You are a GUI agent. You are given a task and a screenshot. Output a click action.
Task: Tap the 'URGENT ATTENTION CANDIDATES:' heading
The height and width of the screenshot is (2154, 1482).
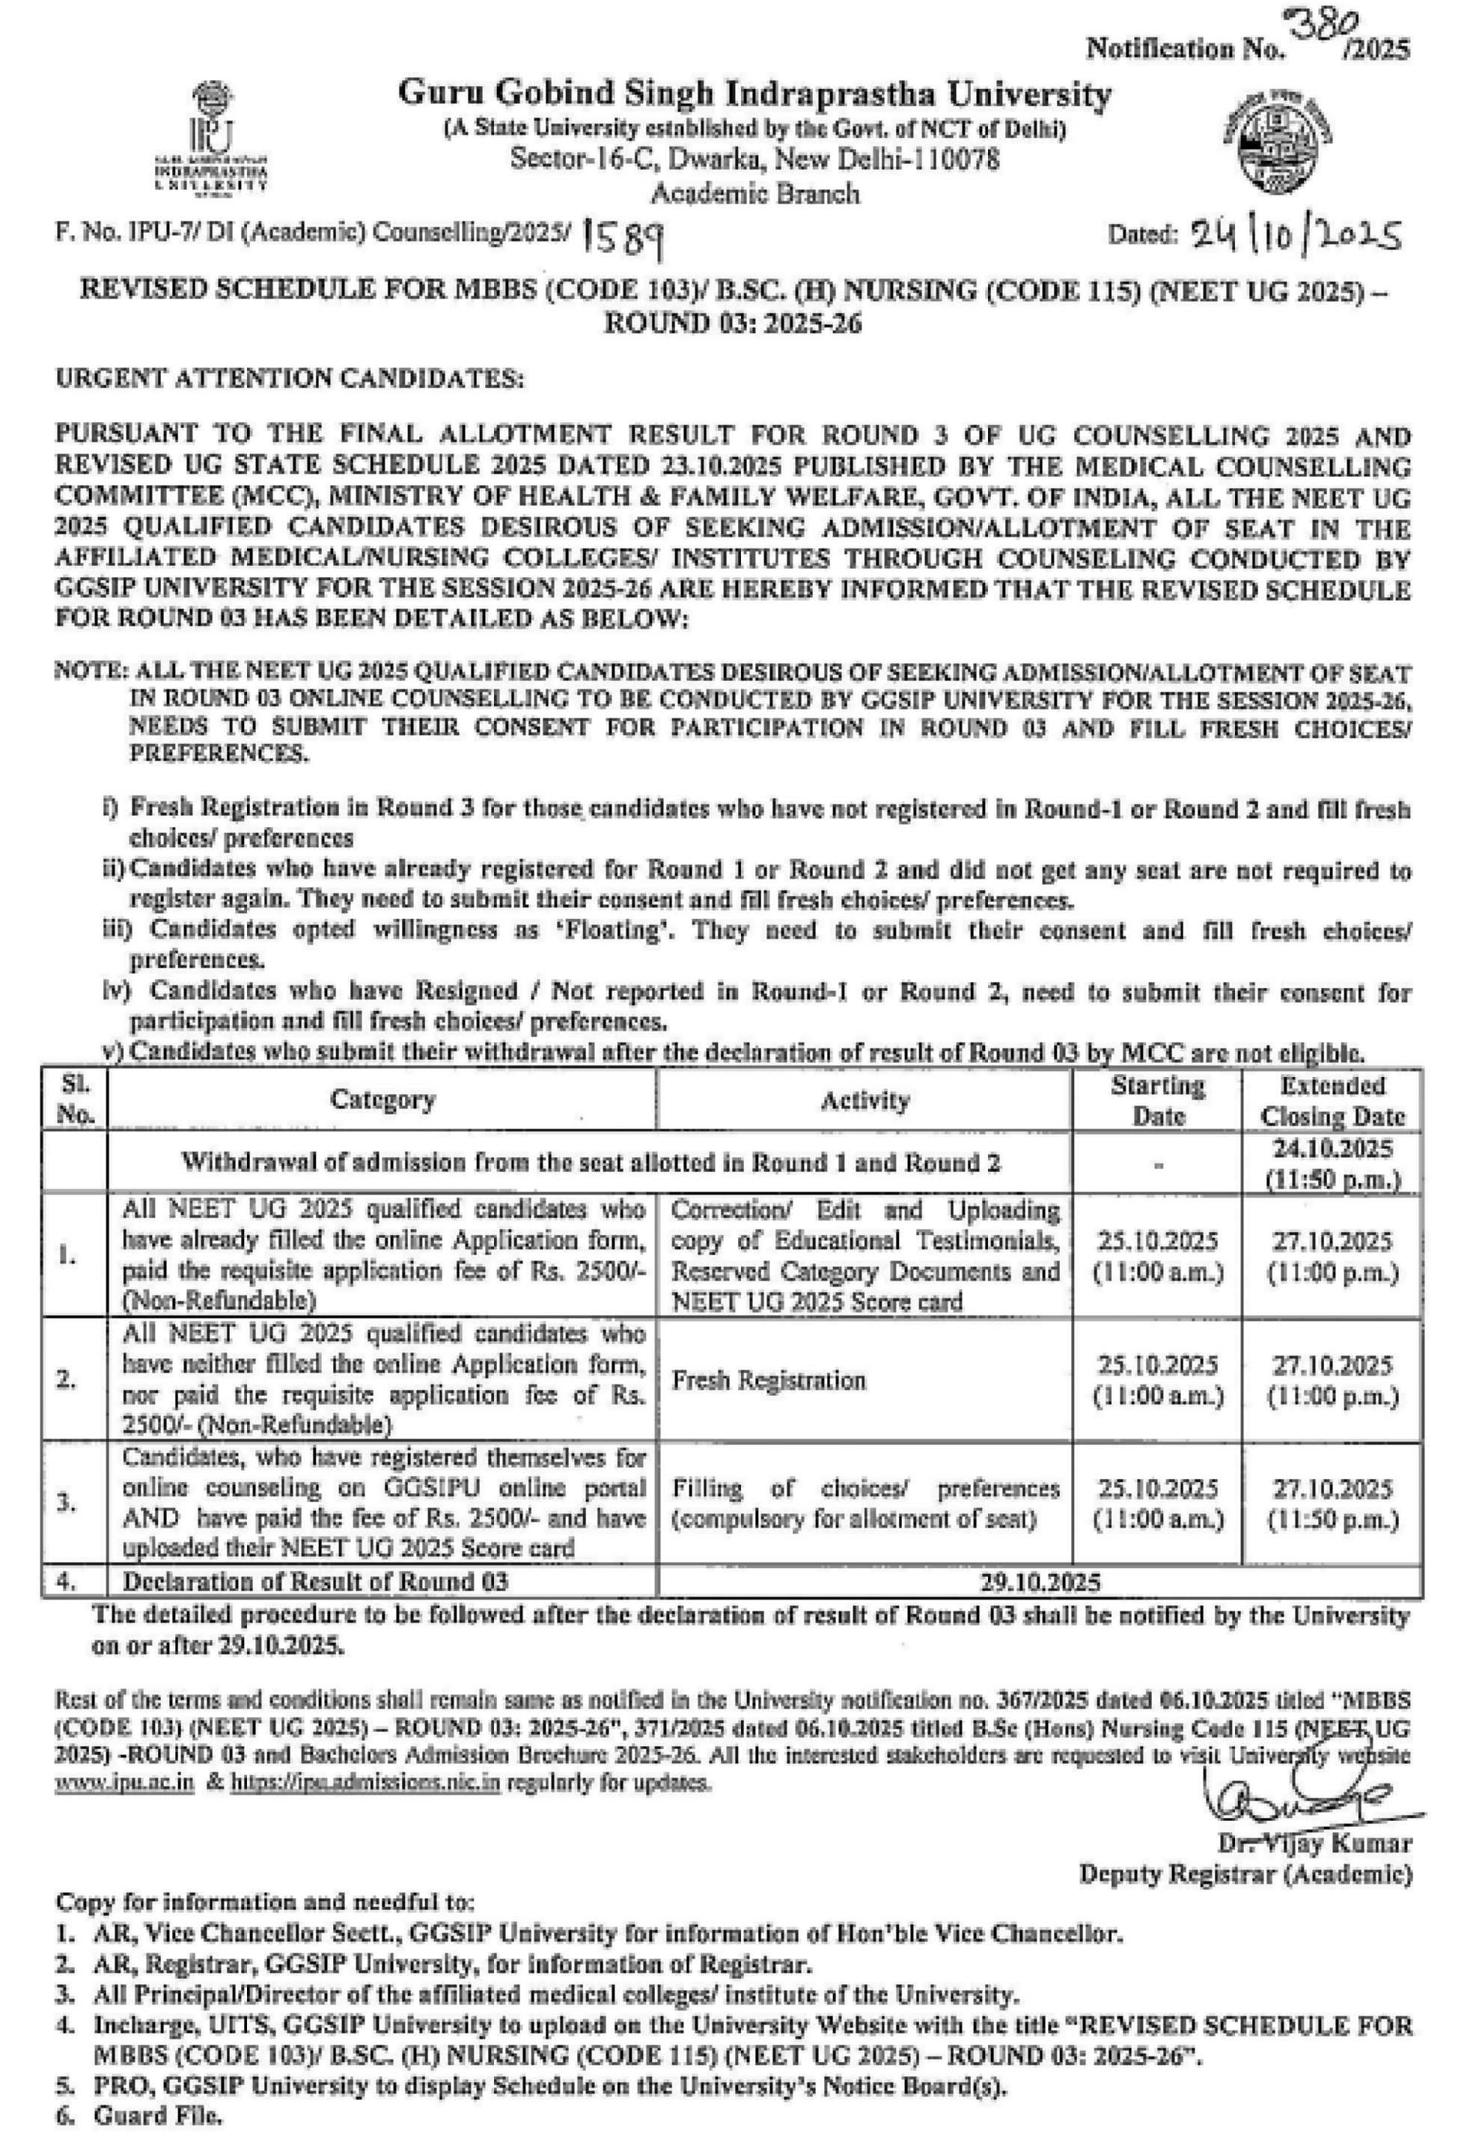point(290,379)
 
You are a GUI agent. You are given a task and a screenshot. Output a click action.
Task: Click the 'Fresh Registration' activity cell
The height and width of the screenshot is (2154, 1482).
point(768,1381)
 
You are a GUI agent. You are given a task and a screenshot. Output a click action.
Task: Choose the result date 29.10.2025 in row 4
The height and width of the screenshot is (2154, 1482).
point(1039,1582)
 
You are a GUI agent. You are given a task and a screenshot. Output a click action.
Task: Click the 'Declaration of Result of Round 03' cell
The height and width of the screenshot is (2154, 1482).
point(316,1582)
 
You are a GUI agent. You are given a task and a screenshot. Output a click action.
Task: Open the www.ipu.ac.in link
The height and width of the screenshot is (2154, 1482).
point(124,1784)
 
